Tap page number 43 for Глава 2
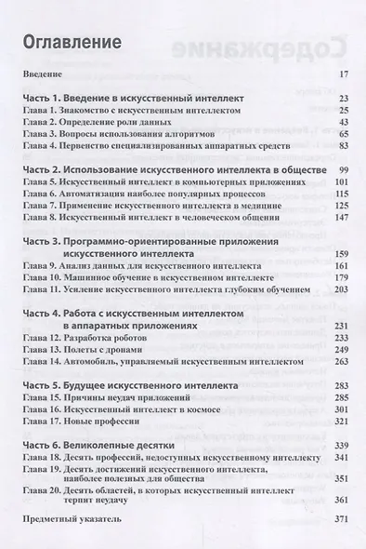(342, 122)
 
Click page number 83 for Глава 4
(342, 146)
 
